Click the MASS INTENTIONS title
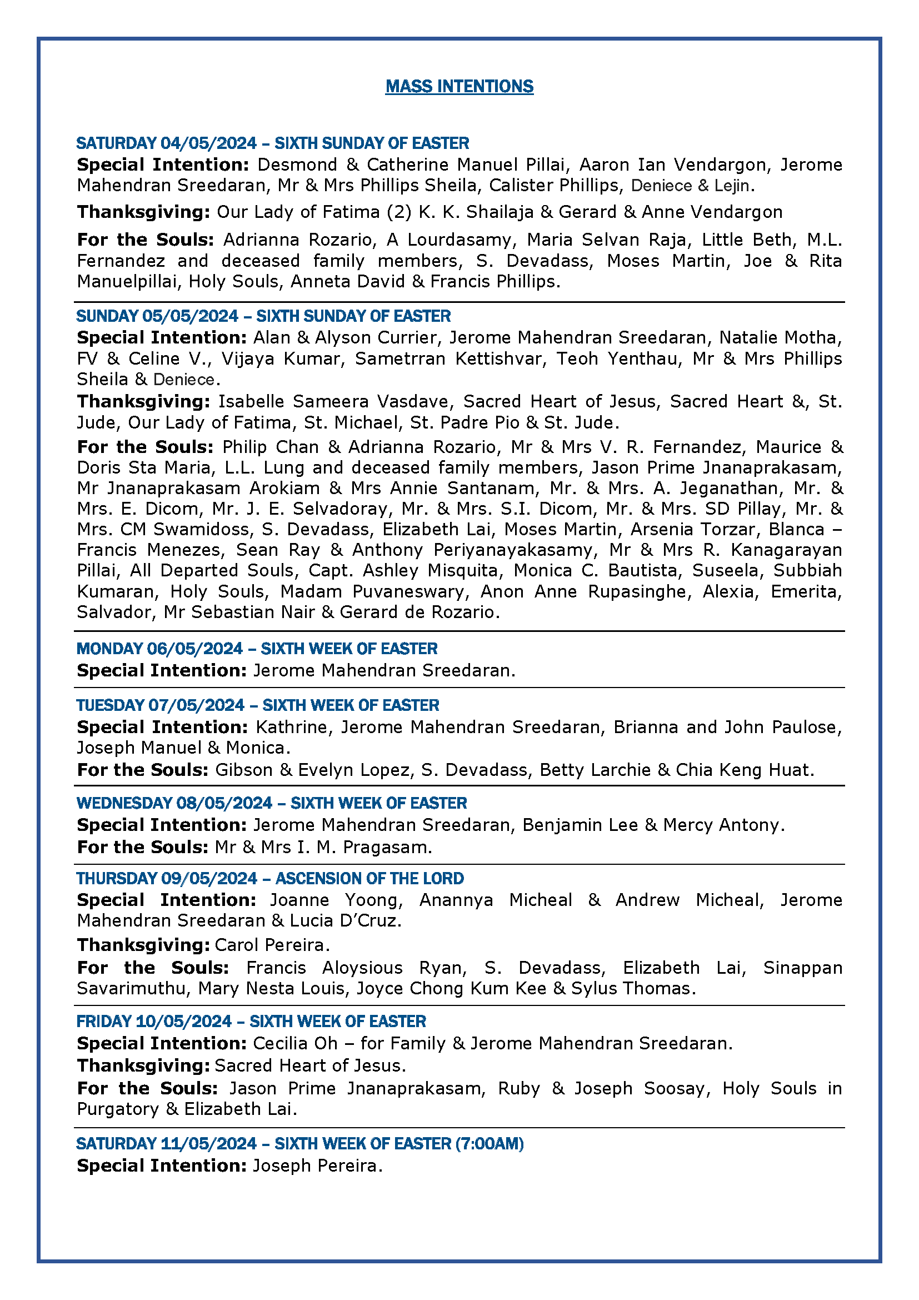click(459, 86)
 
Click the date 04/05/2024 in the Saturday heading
click(208, 143)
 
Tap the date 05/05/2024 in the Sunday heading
click(190, 316)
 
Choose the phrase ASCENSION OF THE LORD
click(369, 878)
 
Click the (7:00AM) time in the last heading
click(490, 1143)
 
